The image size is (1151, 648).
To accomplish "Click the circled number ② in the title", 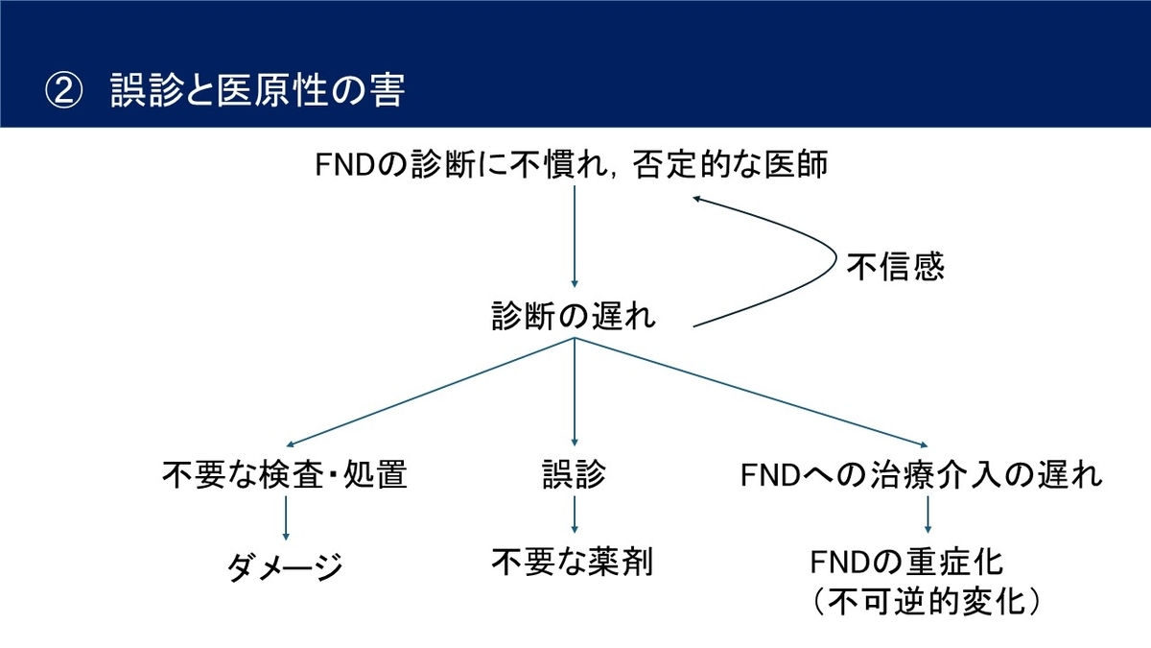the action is (x=63, y=90).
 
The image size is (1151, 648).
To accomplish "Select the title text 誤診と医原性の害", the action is (x=258, y=90).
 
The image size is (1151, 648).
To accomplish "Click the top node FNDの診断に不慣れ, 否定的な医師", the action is (x=572, y=164).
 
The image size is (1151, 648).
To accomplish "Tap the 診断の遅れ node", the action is (x=574, y=316).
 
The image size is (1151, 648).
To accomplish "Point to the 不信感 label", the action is (x=896, y=267).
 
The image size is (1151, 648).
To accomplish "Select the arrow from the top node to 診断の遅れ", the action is (x=575, y=236).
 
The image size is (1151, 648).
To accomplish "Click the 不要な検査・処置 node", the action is (x=285, y=473).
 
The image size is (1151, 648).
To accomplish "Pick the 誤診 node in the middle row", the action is (x=574, y=473).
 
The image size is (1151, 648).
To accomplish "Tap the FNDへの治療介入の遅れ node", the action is (x=922, y=474).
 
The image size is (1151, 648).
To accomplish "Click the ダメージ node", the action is (x=285, y=566).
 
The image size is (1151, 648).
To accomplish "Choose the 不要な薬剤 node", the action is (x=573, y=562).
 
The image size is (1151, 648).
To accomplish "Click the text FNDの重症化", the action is (x=906, y=563).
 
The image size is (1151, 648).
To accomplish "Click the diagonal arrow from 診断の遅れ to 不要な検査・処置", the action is (x=430, y=392).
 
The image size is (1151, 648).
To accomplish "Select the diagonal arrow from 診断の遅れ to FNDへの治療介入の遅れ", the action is (x=751, y=392).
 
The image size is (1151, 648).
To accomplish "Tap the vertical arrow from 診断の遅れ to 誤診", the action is (x=575, y=392).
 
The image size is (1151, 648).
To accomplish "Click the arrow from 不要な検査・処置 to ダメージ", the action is (x=286, y=517).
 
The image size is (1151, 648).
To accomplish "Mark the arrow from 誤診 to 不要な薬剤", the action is (x=575, y=515).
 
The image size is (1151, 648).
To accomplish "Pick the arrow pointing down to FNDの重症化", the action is (x=928, y=515).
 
